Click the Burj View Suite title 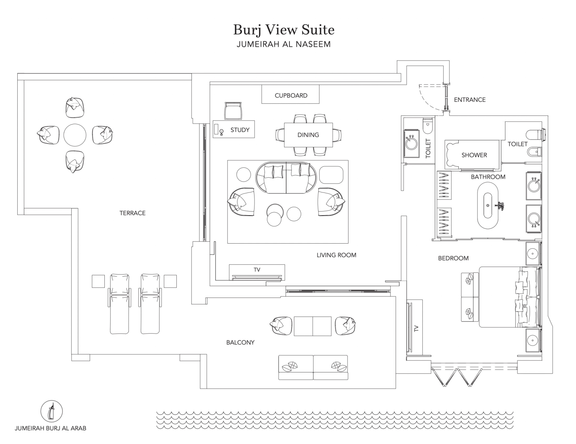[284, 30]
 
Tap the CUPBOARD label [291, 95]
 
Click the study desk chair [233, 110]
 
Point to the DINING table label [308, 135]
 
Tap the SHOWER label [474, 155]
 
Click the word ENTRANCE [469, 100]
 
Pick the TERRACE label [132, 213]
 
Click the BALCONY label [240, 343]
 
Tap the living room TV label [257, 269]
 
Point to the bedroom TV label [416, 328]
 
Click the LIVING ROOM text [336, 255]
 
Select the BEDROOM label [453, 258]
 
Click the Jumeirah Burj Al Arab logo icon [51, 411]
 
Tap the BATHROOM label [488, 177]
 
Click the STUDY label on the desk [240, 130]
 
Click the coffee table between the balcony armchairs [312, 326]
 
